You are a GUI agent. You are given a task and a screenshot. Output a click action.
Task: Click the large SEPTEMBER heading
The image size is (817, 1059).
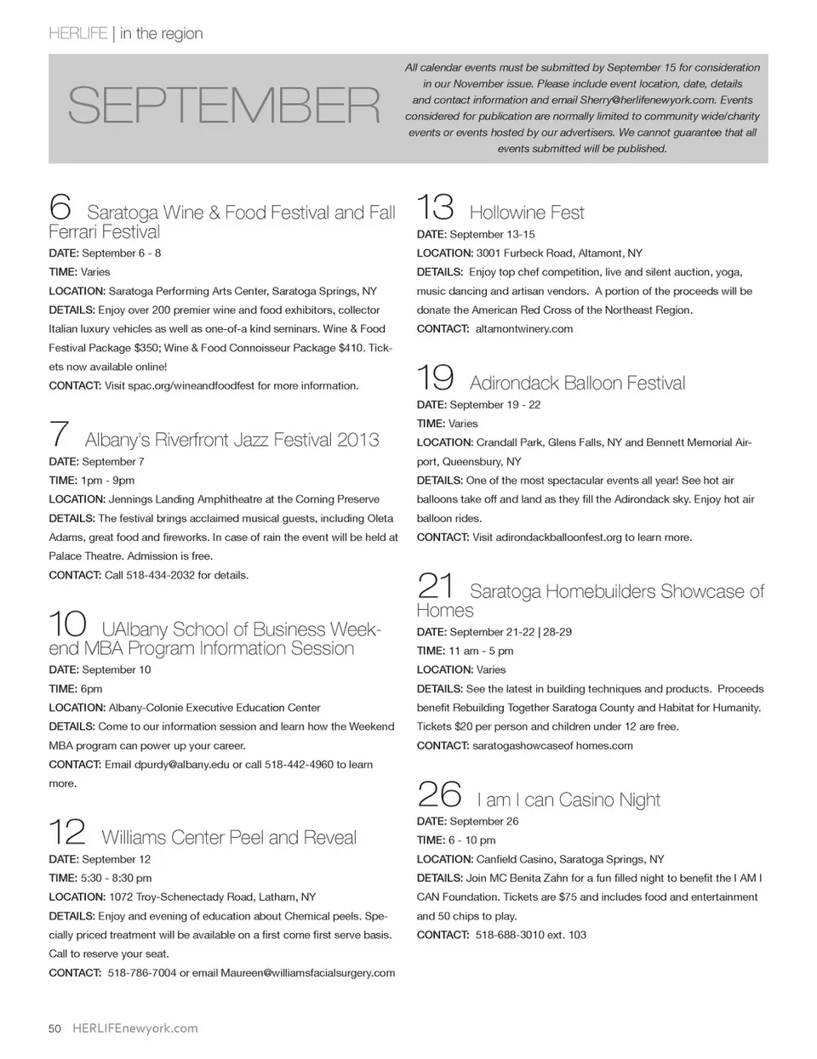223,106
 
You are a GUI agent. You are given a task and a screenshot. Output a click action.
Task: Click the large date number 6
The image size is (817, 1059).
60,207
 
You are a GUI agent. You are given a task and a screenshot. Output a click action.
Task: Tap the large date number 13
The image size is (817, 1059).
435,207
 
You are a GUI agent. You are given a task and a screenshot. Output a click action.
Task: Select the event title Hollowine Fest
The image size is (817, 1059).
527,213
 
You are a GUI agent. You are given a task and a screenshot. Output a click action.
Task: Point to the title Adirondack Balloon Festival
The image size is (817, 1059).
577,384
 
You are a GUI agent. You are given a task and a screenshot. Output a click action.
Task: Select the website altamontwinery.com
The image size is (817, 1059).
523,329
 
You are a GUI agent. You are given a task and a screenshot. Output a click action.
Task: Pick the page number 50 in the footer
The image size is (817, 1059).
55,1028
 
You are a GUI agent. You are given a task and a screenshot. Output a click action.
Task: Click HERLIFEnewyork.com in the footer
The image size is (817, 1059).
135,1028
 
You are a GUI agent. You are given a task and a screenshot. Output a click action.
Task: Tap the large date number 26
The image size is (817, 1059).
439,794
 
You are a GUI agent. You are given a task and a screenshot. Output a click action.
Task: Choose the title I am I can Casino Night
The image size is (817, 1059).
568,800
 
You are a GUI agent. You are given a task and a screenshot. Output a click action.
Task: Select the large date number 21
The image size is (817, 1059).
437,586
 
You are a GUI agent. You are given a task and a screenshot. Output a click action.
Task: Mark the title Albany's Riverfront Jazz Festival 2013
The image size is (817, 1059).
232,440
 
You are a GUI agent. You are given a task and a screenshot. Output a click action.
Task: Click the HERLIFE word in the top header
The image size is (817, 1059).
77,34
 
